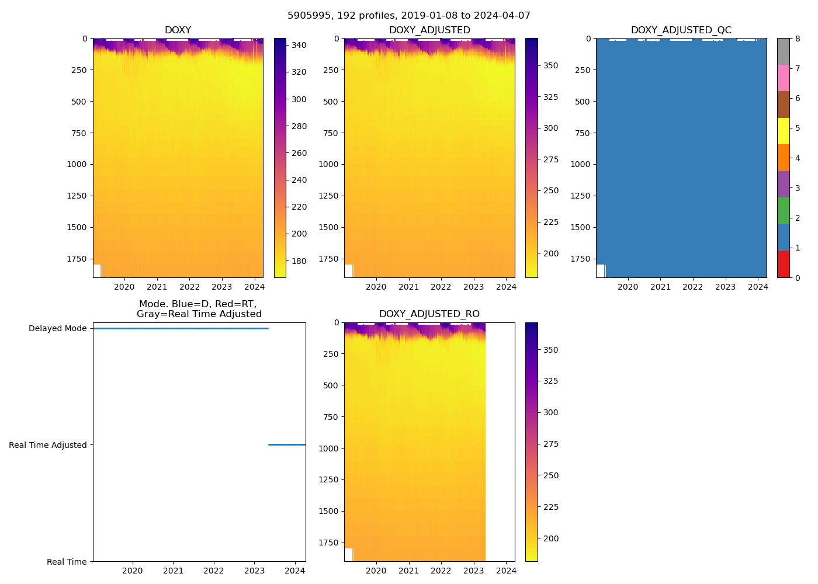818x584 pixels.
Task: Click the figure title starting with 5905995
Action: (x=409, y=16)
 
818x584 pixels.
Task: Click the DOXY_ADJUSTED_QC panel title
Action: (x=681, y=30)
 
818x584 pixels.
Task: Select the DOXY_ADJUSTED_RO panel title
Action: (x=429, y=314)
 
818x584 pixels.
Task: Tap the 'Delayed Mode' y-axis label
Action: (x=57, y=329)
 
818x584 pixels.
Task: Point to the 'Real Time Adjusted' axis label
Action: (x=47, y=445)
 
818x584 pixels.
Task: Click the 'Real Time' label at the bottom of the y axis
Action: (x=67, y=562)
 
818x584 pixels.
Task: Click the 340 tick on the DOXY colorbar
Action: (x=299, y=45)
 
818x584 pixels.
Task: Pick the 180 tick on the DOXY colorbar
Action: (x=299, y=261)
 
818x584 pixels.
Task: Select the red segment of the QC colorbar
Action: (x=783, y=264)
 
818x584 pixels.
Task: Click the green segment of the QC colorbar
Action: (x=783, y=211)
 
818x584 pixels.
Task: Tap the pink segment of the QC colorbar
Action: (x=783, y=78)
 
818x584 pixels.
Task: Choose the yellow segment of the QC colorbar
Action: (x=783, y=131)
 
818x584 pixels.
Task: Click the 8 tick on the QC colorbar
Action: (x=798, y=39)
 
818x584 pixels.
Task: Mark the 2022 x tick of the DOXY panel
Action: (x=189, y=287)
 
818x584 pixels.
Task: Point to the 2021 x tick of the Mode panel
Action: (x=173, y=571)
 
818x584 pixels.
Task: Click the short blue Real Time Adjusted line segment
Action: (x=286, y=445)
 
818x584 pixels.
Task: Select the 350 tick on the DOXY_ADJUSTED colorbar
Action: (x=550, y=66)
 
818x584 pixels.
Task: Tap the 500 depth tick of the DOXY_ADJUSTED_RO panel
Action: (x=331, y=385)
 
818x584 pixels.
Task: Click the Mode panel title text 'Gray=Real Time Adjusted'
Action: (x=199, y=314)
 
